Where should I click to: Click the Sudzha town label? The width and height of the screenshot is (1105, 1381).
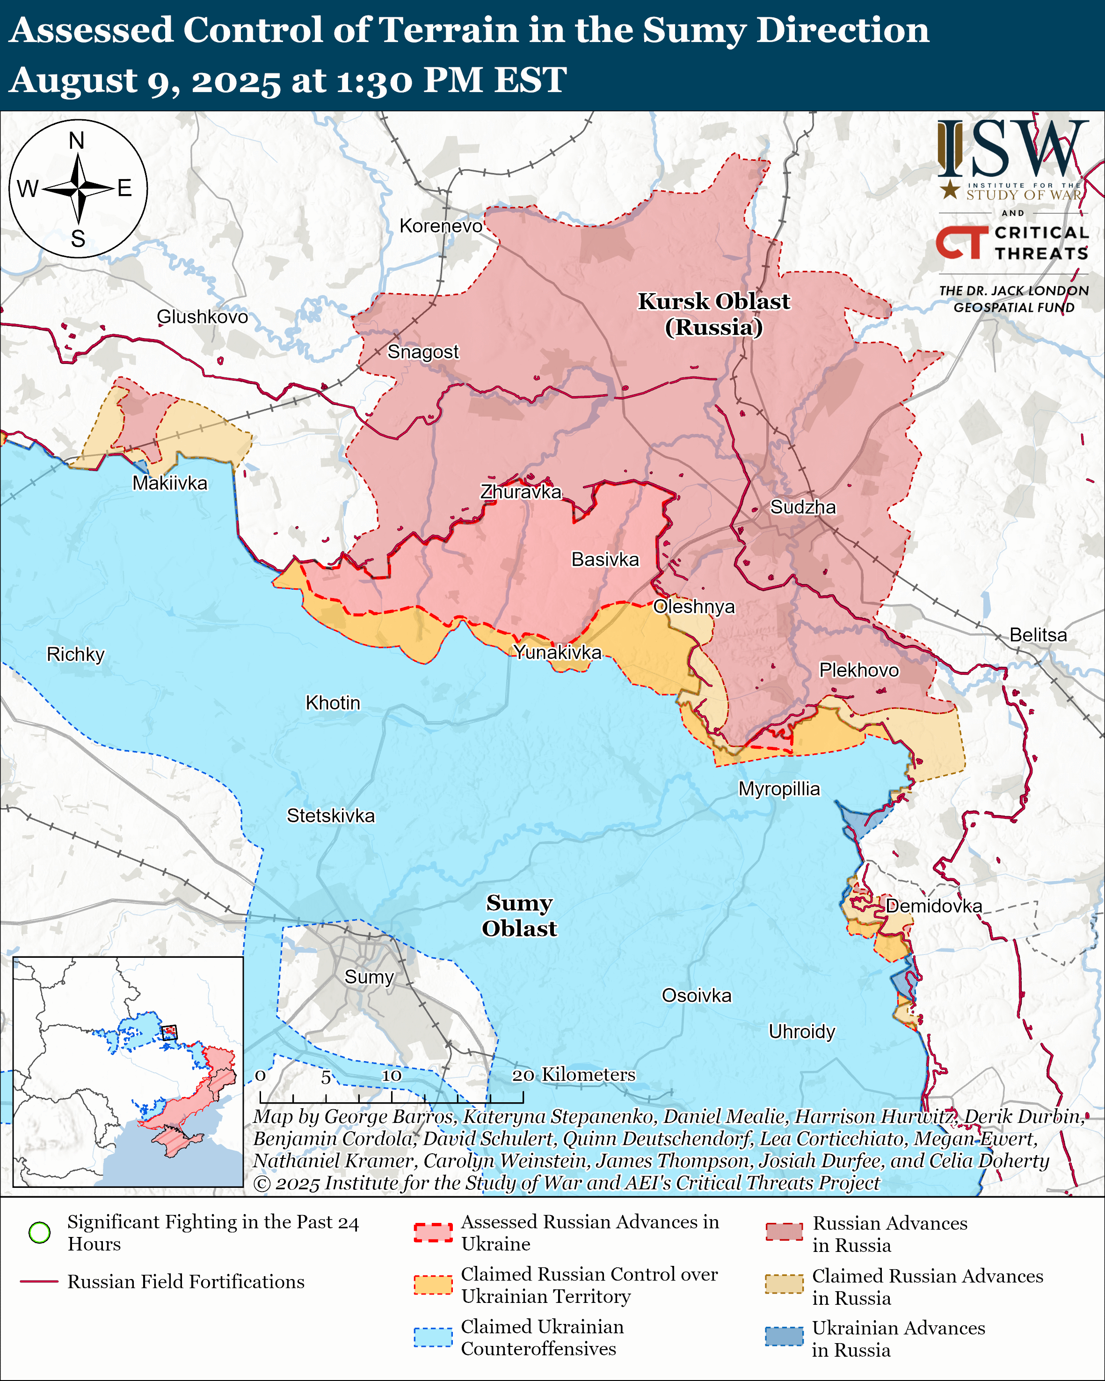click(803, 507)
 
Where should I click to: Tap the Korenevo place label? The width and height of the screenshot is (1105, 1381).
click(441, 226)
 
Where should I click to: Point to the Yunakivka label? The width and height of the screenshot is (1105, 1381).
click(557, 652)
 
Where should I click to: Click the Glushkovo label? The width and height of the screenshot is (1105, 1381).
click(203, 317)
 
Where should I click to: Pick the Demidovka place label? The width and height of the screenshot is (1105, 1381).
click(933, 906)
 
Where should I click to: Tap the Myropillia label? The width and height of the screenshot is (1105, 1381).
click(779, 788)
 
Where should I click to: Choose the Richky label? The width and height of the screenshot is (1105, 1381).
click(76, 654)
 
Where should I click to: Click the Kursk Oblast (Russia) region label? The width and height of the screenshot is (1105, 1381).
click(713, 314)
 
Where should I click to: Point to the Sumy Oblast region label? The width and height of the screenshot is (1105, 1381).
click(519, 915)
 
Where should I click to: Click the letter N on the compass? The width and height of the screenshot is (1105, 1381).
click(77, 140)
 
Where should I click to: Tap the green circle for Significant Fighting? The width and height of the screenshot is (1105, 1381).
click(40, 1232)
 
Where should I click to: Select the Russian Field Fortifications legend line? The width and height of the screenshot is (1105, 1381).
click(40, 1282)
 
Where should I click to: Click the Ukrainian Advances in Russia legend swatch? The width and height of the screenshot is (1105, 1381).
click(784, 1337)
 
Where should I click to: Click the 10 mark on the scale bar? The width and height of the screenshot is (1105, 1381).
click(392, 1076)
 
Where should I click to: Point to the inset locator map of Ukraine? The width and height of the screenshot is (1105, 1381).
click(128, 1071)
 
